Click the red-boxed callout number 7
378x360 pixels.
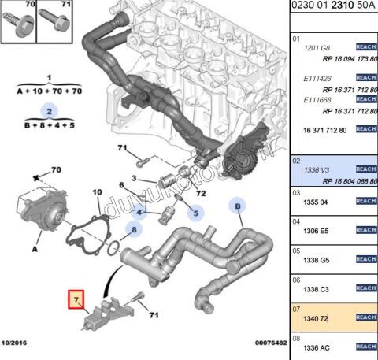(x=76, y=300)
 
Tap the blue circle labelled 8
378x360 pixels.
(x=135, y=231)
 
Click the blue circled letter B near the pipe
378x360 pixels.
(x=235, y=206)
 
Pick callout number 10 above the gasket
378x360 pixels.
(x=96, y=191)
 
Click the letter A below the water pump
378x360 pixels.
(x=35, y=248)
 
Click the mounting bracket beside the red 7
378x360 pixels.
(x=107, y=314)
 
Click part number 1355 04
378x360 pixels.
(x=316, y=202)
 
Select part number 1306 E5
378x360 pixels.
(x=316, y=232)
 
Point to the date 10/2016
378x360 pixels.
(x=17, y=343)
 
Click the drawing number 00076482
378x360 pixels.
(x=269, y=343)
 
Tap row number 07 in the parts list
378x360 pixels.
(x=296, y=308)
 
